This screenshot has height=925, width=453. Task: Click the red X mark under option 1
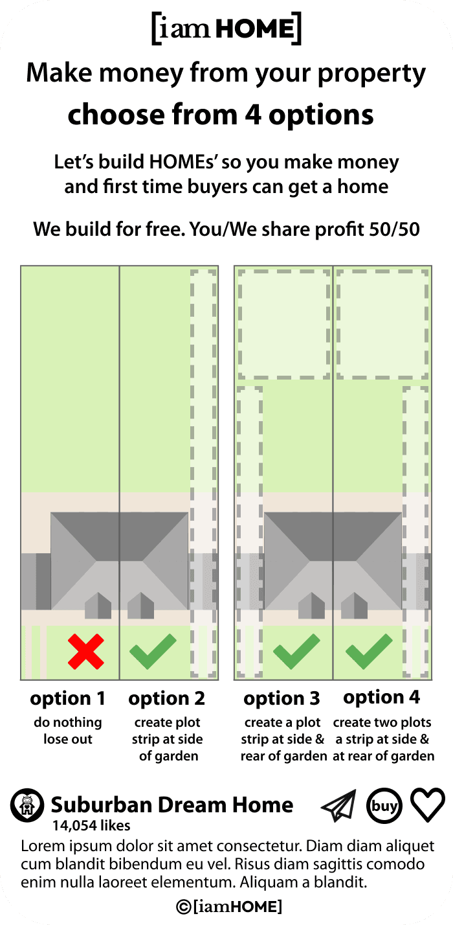click(x=86, y=652)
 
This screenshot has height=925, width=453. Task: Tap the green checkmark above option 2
click(x=153, y=652)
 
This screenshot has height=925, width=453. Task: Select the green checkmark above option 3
click(x=296, y=652)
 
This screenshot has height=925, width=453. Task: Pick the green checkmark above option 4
click(x=369, y=652)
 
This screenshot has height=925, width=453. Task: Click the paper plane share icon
click(x=338, y=806)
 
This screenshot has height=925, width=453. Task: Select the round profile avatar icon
click(x=27, y=805)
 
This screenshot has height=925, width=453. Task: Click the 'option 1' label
click(x=68, y=699)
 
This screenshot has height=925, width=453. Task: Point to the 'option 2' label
click(x=167, y=699)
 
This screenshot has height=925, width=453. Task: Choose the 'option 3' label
click(x=282, y=699)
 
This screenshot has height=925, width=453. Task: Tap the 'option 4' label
click(x=382, y=698)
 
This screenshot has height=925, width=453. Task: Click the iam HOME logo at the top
click(x=226, y=29)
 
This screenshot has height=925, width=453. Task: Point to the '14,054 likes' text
click(x=91, y=825)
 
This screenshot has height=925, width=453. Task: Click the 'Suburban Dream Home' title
click(x=172, y=805)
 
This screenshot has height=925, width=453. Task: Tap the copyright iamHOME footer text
click(x=229, y=907)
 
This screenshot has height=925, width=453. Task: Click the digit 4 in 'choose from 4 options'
click(x=253, y=115)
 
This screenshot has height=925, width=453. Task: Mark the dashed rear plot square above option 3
click(x=284, y=324)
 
